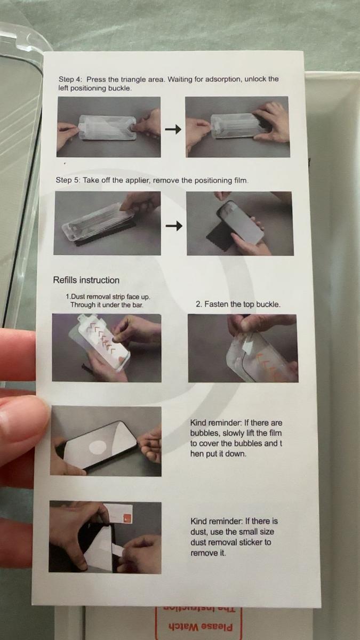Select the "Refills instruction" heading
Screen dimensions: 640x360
point(86,280)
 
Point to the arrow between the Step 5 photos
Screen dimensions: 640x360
point(173,227)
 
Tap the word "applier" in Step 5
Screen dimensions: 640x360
point(138,180)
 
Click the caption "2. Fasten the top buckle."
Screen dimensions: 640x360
point(238,304)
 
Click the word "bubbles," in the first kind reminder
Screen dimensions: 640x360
point(204,433)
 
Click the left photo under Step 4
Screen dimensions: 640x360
point(109,127)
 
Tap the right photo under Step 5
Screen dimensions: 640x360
point(239,223)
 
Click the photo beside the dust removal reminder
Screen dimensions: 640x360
point(105,537)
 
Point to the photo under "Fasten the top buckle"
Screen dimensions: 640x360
point(242,348)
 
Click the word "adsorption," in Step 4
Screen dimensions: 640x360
point(225,79)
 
